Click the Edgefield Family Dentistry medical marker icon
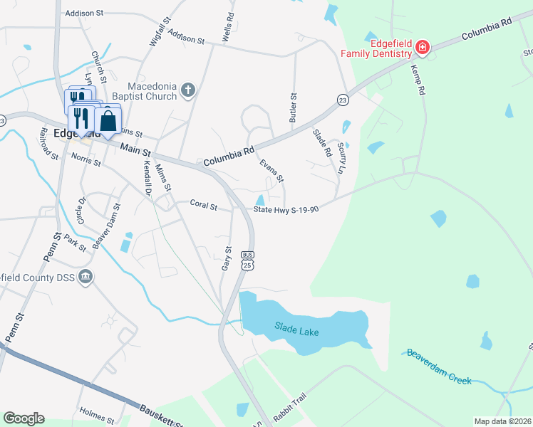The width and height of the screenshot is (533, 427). click(423, 48)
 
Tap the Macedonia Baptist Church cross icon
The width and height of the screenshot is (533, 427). click(187, 90)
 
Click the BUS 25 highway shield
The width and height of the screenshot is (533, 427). click(247, 260)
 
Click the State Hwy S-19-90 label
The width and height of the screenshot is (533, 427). click(286, 209)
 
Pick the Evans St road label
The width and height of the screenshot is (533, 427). click(271, 169)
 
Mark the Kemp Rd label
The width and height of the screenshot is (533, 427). click(418, 80)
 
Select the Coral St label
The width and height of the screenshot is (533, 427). click(203, 205)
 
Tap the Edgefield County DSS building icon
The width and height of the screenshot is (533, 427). click(86, 276)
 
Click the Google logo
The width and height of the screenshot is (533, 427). click(24, 418)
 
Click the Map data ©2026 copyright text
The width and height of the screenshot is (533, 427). click(502, 421)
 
